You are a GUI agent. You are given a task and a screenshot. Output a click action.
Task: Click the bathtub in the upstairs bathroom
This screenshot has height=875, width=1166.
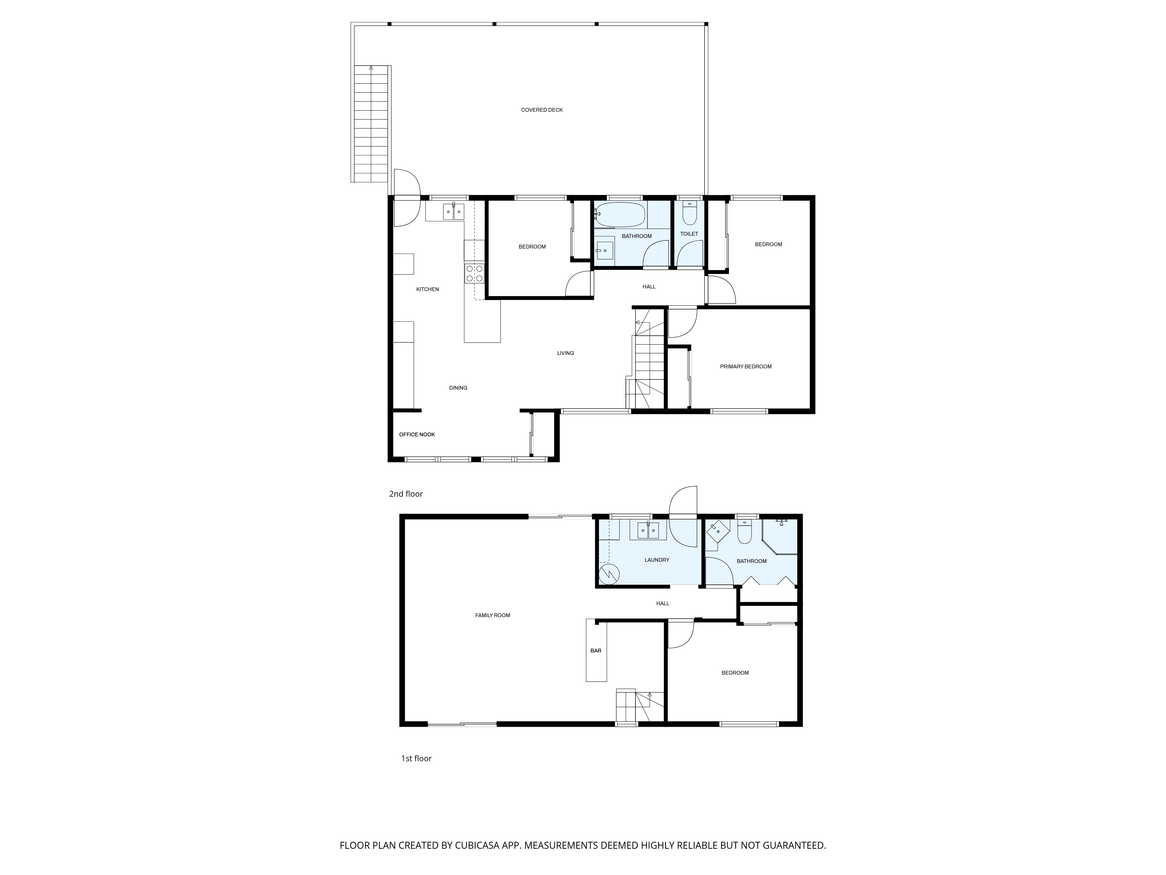[620, 215]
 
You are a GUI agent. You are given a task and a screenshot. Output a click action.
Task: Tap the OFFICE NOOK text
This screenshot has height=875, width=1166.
[417, 435]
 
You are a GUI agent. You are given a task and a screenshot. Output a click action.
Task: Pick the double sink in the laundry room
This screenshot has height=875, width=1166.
[648, 530]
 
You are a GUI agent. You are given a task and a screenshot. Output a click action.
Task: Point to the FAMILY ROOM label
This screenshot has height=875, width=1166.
[492, 615]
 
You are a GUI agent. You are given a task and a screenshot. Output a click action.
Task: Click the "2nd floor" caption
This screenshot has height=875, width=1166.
[406, 494]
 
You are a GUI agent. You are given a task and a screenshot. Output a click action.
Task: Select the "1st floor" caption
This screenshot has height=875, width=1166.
[417, 758]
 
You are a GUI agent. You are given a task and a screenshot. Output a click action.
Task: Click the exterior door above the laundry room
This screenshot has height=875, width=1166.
[683, 501]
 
